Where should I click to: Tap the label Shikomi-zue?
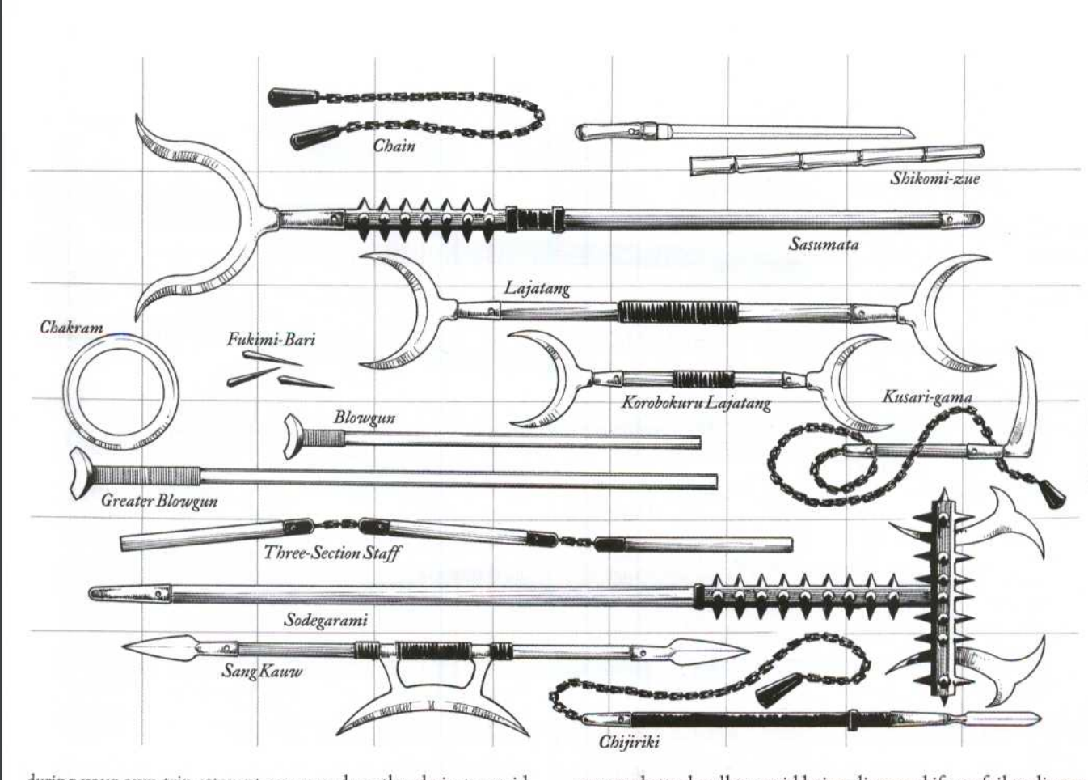pos(934,179)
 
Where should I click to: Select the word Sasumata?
pos(823,244)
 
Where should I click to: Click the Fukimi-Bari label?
pos(271,338)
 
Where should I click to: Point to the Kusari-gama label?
pos(926,396)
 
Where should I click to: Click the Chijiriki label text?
pos(629,741)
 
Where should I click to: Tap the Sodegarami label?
pos(325,621)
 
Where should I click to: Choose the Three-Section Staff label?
pos(331,553)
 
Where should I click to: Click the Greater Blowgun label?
pos(158,501)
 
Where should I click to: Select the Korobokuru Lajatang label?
pos(695,402)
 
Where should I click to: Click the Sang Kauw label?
pos(261,671)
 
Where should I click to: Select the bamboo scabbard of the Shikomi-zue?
pos(837,159)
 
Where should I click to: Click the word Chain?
pos(394,146)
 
